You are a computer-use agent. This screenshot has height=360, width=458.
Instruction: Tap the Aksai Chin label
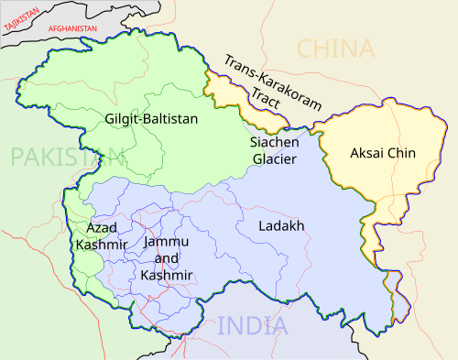click(383, 153)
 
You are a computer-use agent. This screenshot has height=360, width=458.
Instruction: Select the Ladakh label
click(281, 224)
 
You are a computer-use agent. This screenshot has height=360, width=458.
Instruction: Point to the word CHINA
click(337, 49)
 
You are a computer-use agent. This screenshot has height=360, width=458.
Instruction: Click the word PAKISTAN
click(53, 157)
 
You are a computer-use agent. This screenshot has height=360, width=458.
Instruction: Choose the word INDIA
click(252, 325)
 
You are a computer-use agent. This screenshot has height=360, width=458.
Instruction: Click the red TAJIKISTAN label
click(19, 18)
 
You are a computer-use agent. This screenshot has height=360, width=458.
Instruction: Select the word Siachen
click(274, 142)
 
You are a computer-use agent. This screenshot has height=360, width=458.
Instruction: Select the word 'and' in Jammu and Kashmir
click(167, 257)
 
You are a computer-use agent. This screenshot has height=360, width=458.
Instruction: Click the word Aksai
click(365, 153)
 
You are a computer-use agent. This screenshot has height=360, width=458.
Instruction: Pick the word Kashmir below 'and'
click(167, 275)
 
